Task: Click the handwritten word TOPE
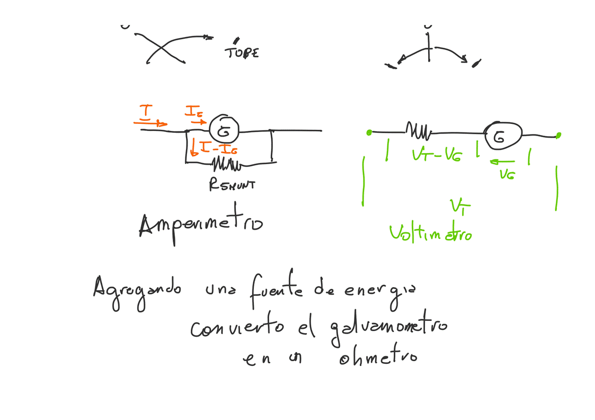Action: [x=243, y=53]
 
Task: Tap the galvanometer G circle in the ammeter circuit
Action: [x=224, y=129]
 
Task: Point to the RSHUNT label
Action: [x=232, y=185]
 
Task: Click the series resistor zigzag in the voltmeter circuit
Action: [x=419, y=129]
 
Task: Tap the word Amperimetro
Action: [x=201, y=223]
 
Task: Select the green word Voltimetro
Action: [x=430, y=234]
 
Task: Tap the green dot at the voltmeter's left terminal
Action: [x=369, y=132]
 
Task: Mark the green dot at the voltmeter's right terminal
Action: [x=558, y=136]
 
